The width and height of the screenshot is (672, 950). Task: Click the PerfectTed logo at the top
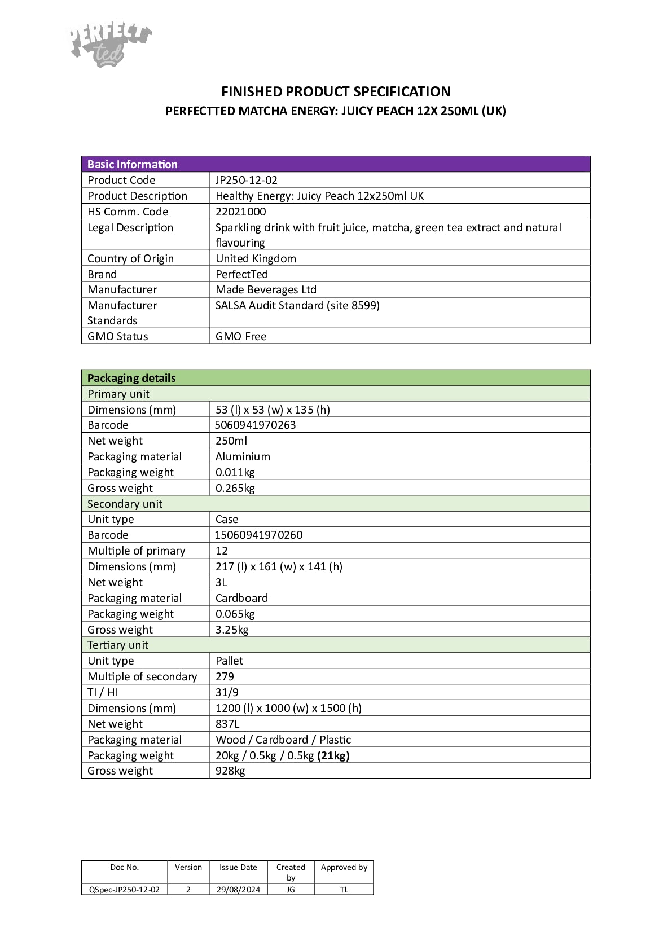coord(111,44)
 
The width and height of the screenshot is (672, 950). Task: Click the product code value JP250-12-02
coord(246,180)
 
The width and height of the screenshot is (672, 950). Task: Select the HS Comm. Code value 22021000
coord(240,212)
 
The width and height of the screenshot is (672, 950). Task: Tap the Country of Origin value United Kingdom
coord(256,258)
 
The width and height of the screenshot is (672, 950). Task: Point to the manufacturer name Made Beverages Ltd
coord(266,289)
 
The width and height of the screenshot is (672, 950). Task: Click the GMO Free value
coord(241,336)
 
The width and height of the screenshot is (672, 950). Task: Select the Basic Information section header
coord(133,164)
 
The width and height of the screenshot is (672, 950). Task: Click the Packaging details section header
coord(131,378)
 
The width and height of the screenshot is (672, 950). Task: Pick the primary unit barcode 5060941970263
coord(255,425)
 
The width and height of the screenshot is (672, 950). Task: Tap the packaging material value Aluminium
coord(243,456)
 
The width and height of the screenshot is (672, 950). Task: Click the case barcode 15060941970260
coord(258,535)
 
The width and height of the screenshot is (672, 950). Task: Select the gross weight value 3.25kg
coord(232,630)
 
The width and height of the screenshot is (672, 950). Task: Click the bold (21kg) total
coord(333,755)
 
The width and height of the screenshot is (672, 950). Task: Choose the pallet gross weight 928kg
coord(230,771)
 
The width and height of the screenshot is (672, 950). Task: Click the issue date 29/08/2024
coord(238,890)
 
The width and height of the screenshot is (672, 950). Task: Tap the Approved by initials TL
coord(344,890)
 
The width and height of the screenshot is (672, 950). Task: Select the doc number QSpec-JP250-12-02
coord(124,890)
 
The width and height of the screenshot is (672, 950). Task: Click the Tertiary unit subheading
coord(118,645)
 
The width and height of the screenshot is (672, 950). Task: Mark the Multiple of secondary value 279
coord(225,676)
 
